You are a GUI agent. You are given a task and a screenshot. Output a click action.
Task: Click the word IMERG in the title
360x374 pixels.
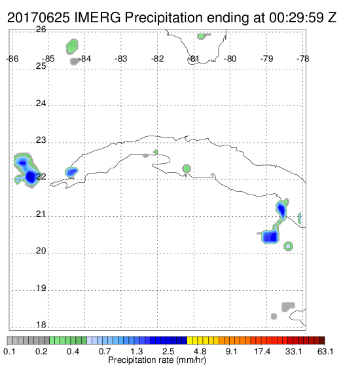(x=98, y=18)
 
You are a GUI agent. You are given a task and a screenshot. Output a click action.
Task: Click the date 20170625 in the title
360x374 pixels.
(x=39, y=18)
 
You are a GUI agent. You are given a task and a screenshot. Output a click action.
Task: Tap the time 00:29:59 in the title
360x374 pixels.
(x=297, y=18)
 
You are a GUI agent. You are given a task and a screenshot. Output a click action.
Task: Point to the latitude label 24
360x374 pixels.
(x=41, y=103)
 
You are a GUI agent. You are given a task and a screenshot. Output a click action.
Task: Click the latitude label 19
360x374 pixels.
(x=41, y=288)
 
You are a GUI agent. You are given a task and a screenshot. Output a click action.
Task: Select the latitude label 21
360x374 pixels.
(x=41, y=214)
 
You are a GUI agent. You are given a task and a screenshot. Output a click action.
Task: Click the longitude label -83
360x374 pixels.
(x=121, y=59)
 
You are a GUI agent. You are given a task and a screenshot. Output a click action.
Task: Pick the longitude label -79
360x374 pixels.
(x=266, y=59)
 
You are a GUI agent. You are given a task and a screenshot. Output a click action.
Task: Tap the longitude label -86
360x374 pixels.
(x=12, y=59)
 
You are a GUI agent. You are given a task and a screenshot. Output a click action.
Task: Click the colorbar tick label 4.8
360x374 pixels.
(x=200, y=351)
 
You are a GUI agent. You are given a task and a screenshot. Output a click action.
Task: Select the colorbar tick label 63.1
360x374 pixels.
(x=325, y=351)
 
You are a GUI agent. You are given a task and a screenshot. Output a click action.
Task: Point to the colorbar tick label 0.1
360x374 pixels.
(x=9, y=351)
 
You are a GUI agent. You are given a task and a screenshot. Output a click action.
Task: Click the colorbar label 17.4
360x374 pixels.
(x=262, y=351)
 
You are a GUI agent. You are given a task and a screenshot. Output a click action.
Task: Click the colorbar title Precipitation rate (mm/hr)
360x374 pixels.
(x=157, y=360)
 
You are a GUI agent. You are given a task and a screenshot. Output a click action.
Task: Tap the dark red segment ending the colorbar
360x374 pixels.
(x=322, y=341)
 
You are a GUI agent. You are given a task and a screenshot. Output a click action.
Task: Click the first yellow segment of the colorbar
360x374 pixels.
(x=190, y=341)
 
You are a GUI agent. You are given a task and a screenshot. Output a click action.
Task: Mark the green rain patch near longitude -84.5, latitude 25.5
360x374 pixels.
(x=72, y=47)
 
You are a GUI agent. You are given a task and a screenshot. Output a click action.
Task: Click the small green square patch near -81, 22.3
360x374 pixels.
(x=187, y=168)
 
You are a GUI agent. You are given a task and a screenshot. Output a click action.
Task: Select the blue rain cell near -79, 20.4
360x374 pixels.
(x=271, y=235)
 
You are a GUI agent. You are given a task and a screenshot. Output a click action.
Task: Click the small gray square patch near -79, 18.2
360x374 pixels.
(x=274, y=316)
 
